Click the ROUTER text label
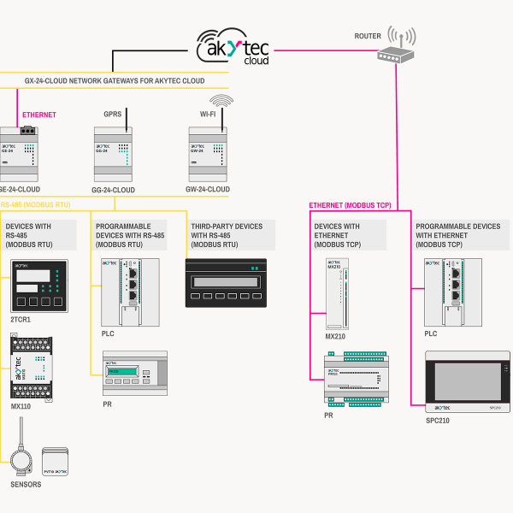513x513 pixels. pos(368,36)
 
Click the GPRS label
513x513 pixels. pos(113,114)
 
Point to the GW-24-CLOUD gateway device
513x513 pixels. pos(209,152)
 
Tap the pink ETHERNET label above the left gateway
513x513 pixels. pos(39,114)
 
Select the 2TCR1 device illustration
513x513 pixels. pos(37,287)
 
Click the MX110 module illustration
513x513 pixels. pos(32,367)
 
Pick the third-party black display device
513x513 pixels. pos(227,282)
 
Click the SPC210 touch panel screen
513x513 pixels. pos(462,381)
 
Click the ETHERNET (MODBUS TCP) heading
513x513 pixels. pos(350,206)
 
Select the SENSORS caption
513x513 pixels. pos(26,485)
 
